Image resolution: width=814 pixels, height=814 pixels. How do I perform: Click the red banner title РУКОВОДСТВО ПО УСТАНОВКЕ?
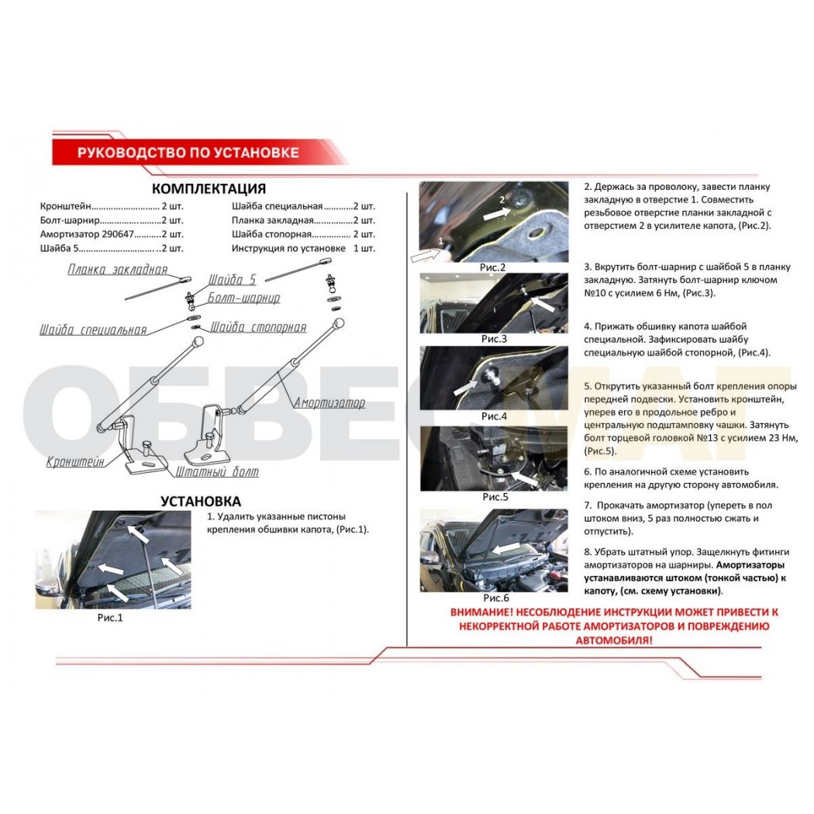click(188, 153)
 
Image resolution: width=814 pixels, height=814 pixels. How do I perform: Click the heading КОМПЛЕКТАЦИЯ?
click(209, 188)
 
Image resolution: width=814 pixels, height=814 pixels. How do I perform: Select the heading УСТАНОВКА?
click(200, 502)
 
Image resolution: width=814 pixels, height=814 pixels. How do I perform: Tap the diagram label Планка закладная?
click(118, 269)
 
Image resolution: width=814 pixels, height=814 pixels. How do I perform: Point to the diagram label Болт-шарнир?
click(243, 298)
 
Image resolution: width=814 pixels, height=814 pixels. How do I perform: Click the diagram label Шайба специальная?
click(94, 329)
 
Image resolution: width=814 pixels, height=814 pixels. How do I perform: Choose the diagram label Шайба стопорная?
click(258, 327)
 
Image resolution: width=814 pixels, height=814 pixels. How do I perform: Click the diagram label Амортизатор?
click(329, 403)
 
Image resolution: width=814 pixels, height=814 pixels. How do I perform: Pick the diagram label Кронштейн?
click(75, 461)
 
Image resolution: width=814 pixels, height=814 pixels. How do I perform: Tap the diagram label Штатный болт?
click(217, 471)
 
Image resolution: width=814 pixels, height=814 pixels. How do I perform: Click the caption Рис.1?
click(110, 618)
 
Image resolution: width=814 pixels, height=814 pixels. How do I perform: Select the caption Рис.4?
click(494, 416)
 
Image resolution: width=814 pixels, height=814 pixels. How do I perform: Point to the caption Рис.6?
click(496, 598)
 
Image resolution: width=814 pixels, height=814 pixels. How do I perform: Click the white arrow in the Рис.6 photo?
click(505, 548)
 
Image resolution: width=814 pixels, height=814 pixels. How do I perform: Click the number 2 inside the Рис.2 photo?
click(502, 199)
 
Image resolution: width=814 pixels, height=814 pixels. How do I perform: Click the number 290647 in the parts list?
click(118, 234)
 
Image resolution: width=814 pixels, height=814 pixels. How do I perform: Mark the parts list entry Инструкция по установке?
click(288, 248)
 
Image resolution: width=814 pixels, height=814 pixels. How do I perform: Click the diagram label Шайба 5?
click(233, 280)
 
